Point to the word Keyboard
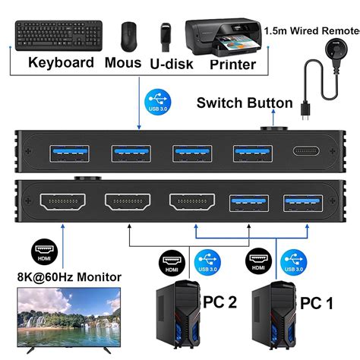(x=62, y=63)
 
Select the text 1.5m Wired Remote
(x=311, y=30)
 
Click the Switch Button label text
(x=244, y=103)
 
